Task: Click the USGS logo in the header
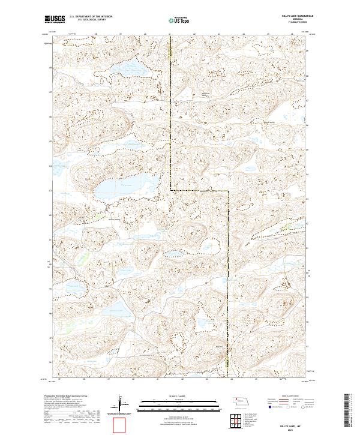click(55, 20)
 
